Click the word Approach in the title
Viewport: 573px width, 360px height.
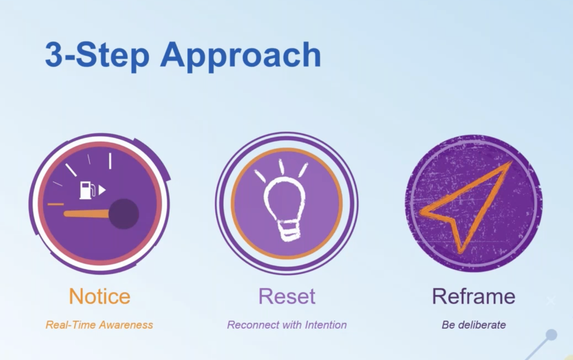click(x=240, y=57)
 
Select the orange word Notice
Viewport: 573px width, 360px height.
click(x=99, y=296)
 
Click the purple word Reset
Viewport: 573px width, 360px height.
click(x=287, y=296)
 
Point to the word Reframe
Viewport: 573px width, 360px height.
click(x=474, y=296)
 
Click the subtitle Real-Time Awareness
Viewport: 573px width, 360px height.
click(x=99, y=325)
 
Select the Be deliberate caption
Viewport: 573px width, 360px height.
click(x=474, y=325)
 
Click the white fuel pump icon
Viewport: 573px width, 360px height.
click(x=87, y=190)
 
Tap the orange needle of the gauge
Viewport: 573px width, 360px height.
click(x=87, y=214)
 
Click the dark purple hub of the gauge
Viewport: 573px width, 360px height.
click(x=124, y=214)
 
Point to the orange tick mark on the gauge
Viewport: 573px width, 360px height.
click(x=56, y=204)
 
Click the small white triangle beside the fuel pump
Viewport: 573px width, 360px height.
click(x=102, y=190)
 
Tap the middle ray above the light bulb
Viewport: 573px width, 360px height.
click(x=281, y=167)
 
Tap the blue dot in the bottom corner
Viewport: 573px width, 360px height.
click(x=551, y=335)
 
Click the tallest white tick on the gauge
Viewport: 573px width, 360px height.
click(x=110, y=161)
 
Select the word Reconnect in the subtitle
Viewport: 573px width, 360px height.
click(x=251, y=325)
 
